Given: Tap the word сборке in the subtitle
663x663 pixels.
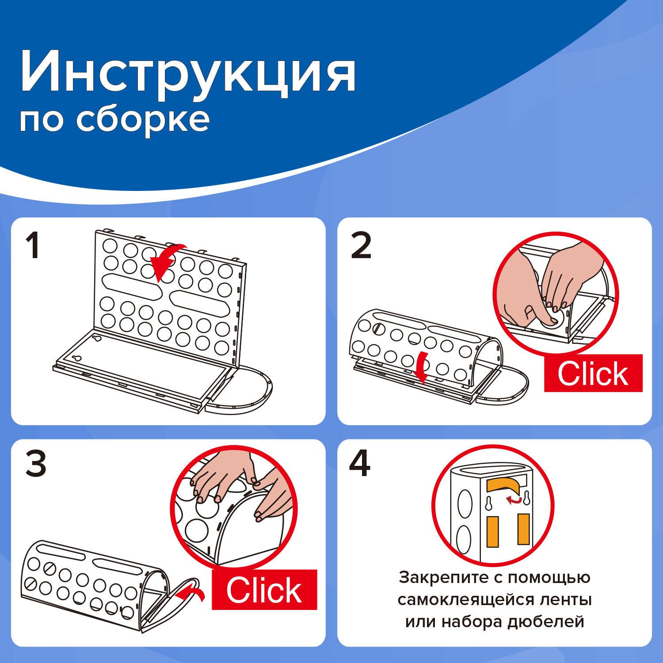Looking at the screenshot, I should [x=143, y=119].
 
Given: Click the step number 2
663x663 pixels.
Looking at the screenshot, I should [x=361, y=246].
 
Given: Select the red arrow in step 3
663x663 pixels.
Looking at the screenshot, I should [x=191, y=594].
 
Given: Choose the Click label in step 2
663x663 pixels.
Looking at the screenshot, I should [x=593, y=374].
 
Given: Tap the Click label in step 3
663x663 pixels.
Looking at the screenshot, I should [x=264, y=590].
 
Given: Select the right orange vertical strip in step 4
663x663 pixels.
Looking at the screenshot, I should [x=523, y=529].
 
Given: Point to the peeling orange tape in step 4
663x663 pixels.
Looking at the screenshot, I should [x=504, y=485].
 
